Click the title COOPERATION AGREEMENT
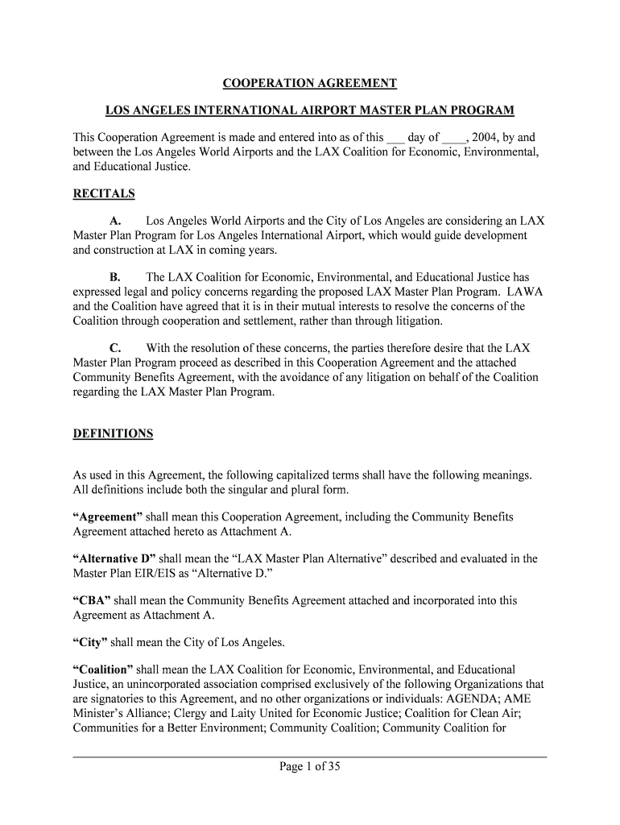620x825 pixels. click(x=310, y=84)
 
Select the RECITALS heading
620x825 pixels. click(x=104, y=194)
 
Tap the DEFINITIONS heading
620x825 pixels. click(x=113, y=433)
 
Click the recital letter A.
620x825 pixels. click(x=115, y=221)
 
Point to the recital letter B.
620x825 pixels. click(x=115, y=277)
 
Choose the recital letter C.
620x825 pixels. click(x=115, y=348)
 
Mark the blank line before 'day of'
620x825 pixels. click(x=395, y=139)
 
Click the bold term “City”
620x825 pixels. click(x=90, y=642)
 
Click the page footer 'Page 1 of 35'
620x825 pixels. click(x=310, y=767)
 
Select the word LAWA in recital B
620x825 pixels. click(x=524, y=292)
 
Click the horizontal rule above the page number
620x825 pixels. click(x=310, y=757)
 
